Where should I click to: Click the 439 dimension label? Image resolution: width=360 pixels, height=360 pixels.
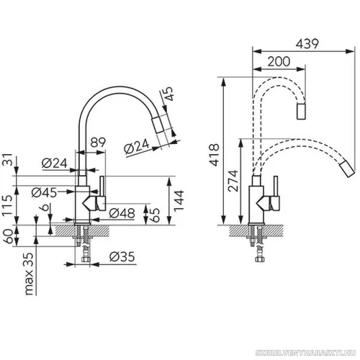tap(307, 44)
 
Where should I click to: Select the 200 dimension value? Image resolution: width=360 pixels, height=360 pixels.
tap(279, 61)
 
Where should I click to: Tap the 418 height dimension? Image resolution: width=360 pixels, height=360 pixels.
tap(214, 155)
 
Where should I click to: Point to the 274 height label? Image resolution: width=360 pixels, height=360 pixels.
tap(233, 181)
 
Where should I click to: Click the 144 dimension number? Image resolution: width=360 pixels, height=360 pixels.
tap(179, 201)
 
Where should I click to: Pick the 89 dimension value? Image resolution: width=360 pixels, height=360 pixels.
tap(98, 143)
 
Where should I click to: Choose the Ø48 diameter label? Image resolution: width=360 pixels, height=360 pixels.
tap(122, 213)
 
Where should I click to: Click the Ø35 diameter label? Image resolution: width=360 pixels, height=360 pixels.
tap(122, 256)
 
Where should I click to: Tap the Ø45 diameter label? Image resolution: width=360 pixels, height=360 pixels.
tap(45, 192)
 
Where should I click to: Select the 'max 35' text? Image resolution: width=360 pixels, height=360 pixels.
tap(29, 274)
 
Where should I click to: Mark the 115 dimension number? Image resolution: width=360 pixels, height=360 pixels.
tap(7, 204)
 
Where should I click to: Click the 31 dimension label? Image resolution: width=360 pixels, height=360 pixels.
tap(7, 159)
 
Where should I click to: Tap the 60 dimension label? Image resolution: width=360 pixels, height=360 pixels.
tap(7, 236)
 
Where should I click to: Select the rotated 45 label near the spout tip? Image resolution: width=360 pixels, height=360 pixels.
tap(167, 94)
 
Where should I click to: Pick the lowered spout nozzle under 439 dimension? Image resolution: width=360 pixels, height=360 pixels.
tap(347, 169)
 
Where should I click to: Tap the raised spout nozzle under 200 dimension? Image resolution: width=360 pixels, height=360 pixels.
tap(301, 112)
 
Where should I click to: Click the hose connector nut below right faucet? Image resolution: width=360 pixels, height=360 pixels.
tap(260, 259)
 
